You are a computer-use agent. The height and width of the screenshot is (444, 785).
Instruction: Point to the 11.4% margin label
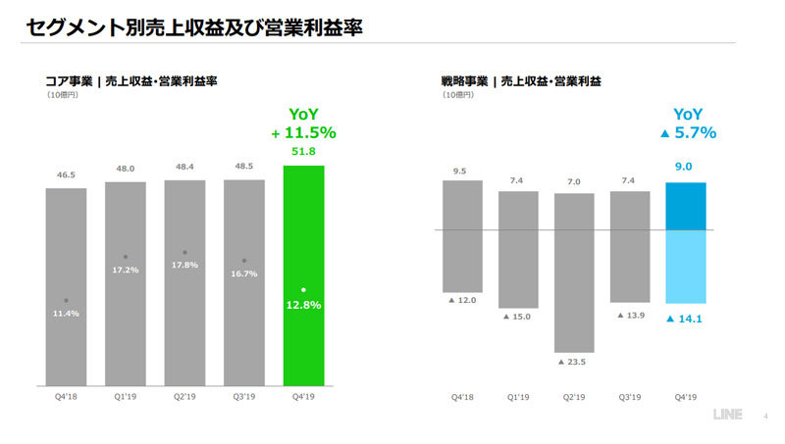pyautogui.click(x=65, y=313)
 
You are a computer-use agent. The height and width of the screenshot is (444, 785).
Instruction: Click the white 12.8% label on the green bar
pyautogui.click(x=303, y=304)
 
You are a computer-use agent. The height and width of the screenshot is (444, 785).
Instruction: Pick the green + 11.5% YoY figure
pyautogui.click(x=303, y=132)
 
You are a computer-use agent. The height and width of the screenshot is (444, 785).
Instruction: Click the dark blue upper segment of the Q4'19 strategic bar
pyautogui.click(x=685, y=206)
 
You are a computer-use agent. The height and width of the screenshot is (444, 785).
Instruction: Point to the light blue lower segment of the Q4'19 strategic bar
pyautogui.click(x=685, y=267)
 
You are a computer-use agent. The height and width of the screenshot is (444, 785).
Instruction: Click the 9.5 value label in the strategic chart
pyautogui.click(x=461, y=172)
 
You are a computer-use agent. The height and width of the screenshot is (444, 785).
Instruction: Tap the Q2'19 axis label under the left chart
pyautogui.click(x=183, y=397)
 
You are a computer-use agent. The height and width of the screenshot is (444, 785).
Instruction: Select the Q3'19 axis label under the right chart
pyautogui.click(x=629, y=397)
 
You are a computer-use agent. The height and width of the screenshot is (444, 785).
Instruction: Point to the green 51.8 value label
pyautogui.click(x=303, y=151)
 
